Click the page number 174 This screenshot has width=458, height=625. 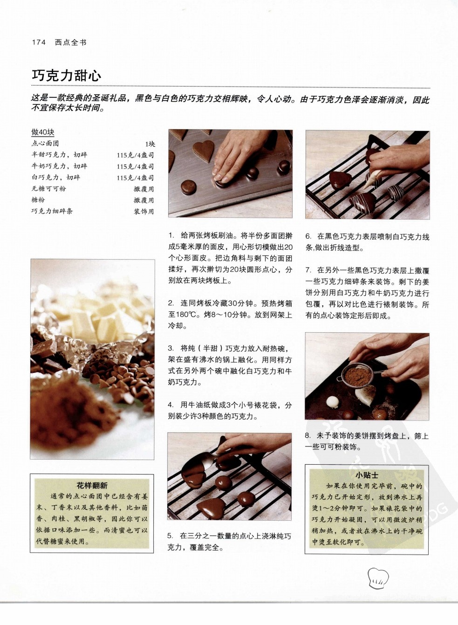tap(39, 42)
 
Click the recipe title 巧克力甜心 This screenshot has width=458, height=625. tap(66, 76)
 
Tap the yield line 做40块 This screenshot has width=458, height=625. tap(43, 132)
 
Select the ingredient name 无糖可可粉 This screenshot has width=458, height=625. tap(48, 189)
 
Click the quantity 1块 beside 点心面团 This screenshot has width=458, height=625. tap(150, 144)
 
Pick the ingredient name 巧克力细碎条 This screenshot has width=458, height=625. tap(52, 211)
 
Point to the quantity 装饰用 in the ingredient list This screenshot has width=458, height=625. tap(144, 212)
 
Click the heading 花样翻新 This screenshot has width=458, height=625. tap(92, 486)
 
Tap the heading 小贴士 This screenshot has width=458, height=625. tap(367, 475)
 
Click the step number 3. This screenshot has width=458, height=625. tap(171, 349)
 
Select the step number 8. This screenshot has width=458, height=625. tap(308, 436)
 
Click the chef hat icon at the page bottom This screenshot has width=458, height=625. tap(378, 576)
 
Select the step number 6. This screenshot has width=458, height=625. tap(308, 237)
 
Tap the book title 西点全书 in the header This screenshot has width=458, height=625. tap(70, 42)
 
